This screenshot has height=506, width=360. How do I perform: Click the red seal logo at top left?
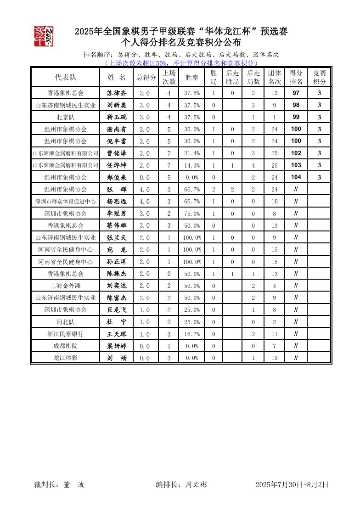click(44, 36)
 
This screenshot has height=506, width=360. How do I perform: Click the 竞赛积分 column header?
click(319, 77)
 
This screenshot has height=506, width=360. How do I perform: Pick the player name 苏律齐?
click(116, 93)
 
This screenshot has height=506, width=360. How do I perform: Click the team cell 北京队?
click(65, 117)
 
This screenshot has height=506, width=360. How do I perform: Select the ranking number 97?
click(296, 93)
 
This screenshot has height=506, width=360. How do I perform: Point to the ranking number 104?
click(296, 177)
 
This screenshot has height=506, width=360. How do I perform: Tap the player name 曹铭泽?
click(116, 153)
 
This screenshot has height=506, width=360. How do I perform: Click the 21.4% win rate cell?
click(191, 153)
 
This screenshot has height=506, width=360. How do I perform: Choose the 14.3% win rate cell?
click(191, 165)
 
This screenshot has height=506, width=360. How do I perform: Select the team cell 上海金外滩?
click(65, 286)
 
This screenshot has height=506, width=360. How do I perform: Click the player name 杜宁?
click(116, 322)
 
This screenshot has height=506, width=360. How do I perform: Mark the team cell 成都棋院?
click(65, 346)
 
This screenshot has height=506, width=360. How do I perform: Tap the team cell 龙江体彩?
click(65, 358)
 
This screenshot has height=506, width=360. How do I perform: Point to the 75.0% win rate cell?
click(191, 214)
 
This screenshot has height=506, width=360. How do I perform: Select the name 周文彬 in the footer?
click(196, 484)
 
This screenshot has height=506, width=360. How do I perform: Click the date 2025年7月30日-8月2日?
click(292, 484)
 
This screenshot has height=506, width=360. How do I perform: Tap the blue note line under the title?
click(182, 63)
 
